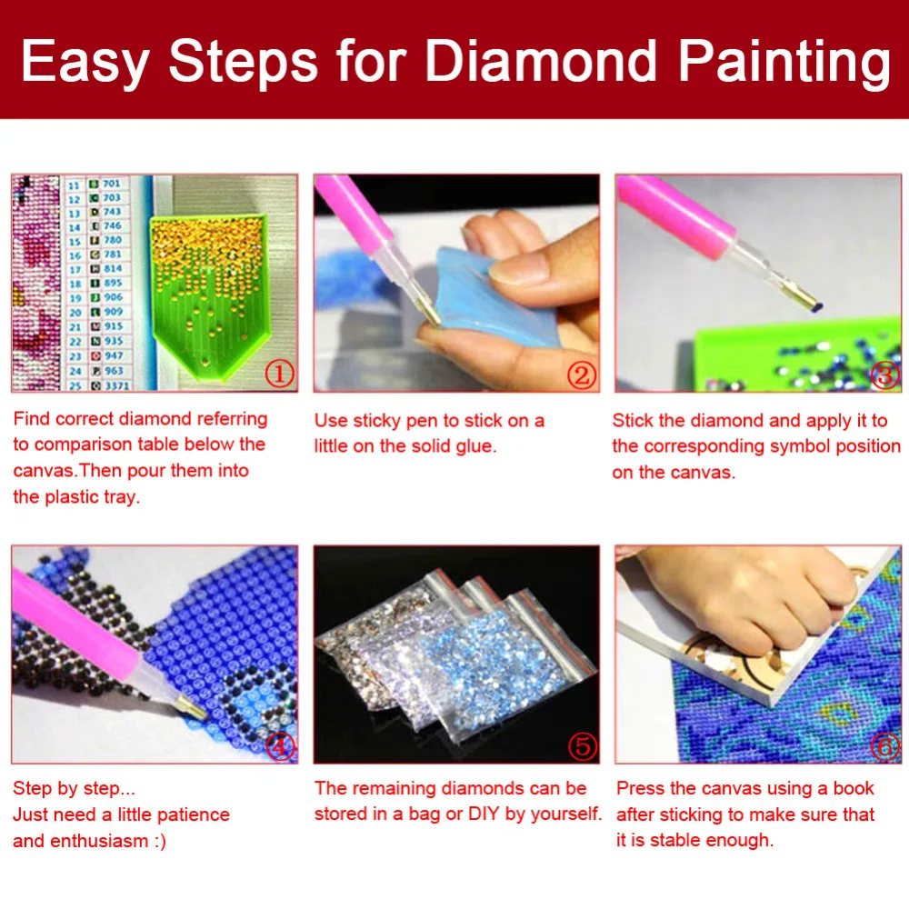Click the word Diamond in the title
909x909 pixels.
(x=542, y=60)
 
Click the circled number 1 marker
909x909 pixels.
(x=279, y=374)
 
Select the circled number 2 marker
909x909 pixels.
(x=582, y=375)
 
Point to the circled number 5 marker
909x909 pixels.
(x=582, y=746)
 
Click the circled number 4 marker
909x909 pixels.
(x=280, y=746)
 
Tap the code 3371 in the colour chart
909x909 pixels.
(x=117, y=385)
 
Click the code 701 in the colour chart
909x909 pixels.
(x=111, y=184)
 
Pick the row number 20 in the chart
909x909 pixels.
(x=75, y=313)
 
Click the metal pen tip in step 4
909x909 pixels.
(x=190, y=707)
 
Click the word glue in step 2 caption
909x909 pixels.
(x=478, y=447)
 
